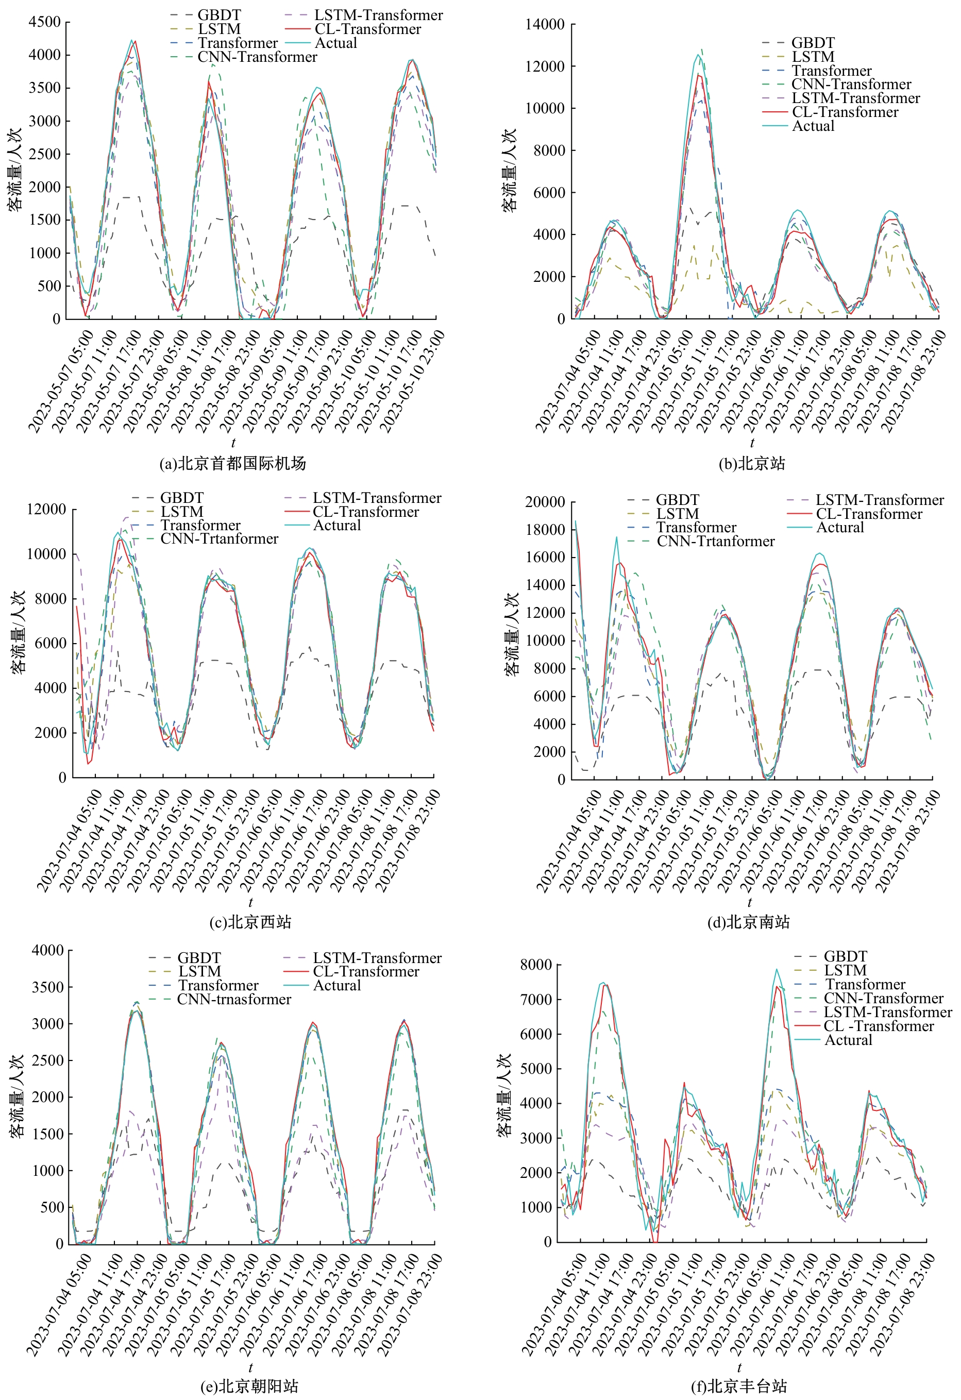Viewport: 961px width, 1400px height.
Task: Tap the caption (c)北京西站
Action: tap(250, 922)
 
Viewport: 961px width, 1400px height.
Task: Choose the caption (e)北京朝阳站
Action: tap(249, 1386)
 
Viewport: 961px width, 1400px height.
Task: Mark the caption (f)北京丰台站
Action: tap(739, 1386)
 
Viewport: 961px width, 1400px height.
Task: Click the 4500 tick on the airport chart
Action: tap(45, 22)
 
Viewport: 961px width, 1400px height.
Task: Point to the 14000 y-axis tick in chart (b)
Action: tap(544, 25)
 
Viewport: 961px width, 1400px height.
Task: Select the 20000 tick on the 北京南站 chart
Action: tap(545, 502)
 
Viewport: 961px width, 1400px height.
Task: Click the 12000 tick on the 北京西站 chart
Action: tap(46, 510)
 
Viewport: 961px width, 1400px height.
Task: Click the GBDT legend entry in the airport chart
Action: tap(218, 15)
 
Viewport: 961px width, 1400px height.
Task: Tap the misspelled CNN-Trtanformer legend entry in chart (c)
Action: tap(218, 538)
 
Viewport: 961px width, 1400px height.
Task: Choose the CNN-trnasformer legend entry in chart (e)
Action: tap(234, 1000)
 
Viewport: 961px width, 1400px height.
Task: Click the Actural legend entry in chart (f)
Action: tap(848, 1040)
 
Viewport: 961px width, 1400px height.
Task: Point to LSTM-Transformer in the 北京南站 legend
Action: tap(880, 500)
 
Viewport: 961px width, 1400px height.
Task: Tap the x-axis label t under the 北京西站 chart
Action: tap(250, 902)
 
